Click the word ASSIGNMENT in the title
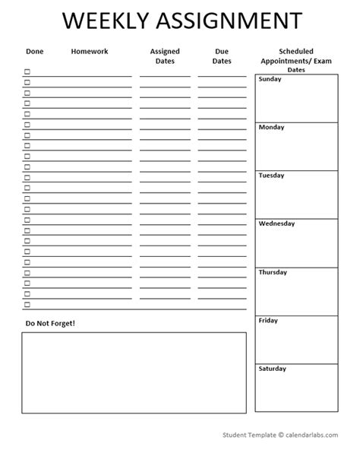226,21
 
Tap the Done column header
34,52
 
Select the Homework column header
89,52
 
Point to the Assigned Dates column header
165,56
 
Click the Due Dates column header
222,56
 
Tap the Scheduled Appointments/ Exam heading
295,56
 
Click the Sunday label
271,79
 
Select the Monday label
272,127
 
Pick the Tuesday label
272,176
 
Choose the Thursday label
273,272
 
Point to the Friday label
268,321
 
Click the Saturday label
273,369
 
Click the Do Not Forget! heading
50,323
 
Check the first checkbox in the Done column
27,72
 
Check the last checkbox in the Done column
27,305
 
